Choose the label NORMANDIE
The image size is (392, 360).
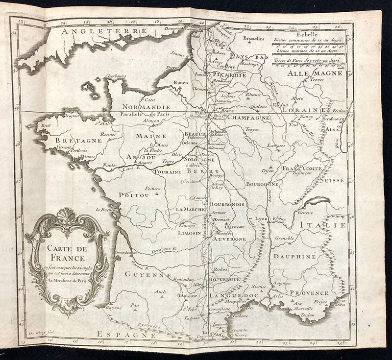146,107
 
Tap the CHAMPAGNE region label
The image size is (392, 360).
249,118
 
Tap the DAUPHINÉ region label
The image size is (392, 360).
292,256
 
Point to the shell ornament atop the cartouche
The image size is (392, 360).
66,216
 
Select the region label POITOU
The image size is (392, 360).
133,194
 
